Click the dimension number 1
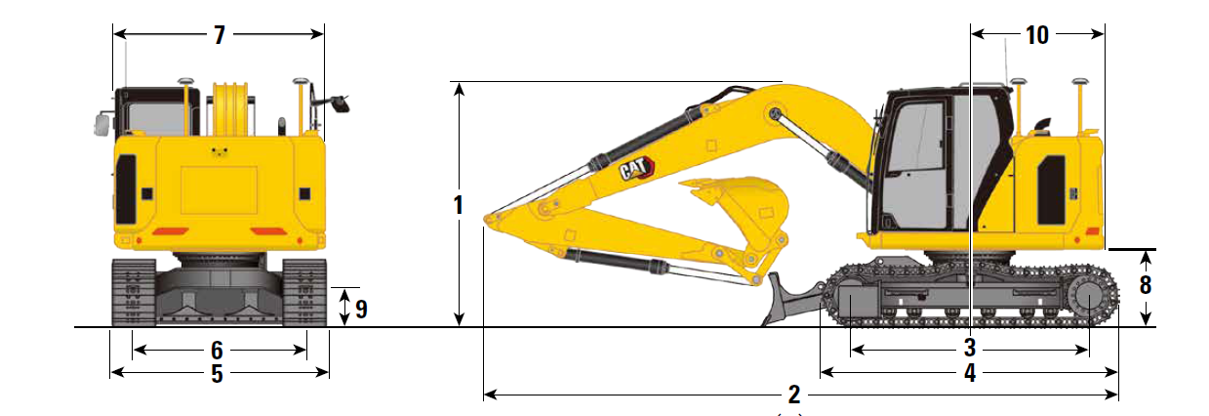click(458, 206)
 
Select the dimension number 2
click(793, 395)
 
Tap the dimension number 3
click(969, 348)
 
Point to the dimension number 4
click(969, 372)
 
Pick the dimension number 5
click(217, 372)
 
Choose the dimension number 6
click(217, 349)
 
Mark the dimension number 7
click(219, 35)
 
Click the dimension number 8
click(1146, 286)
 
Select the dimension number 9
click(360, 310)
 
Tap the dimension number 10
click(1036, 35)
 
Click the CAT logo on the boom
click(635, 170)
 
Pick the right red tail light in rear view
click(266, 230)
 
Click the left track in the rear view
click(133, 292)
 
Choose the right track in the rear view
click(304, 292)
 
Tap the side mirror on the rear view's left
click(100, 123)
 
